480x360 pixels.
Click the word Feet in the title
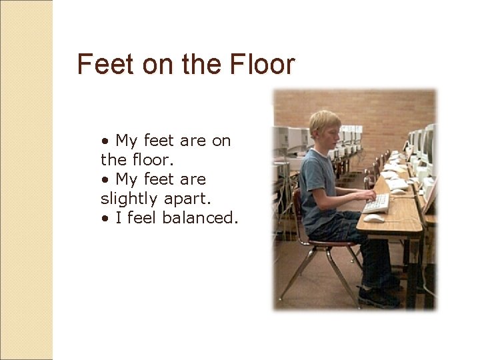pyautogui.click(x=98, y=65)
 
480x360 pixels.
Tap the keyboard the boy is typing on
pyautogui.click(x=377, y=203)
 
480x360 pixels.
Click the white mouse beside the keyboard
pyautogui.click(x=374, y=218)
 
